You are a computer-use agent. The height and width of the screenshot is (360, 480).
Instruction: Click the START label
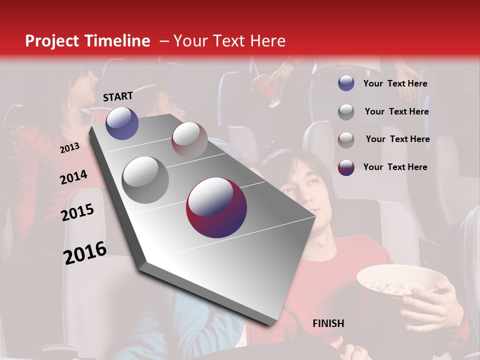(118, 96)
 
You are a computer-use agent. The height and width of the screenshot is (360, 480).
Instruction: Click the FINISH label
(328, 323)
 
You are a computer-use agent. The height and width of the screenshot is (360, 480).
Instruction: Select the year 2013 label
(69, 147)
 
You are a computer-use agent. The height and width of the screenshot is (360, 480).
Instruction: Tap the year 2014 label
(73, 177)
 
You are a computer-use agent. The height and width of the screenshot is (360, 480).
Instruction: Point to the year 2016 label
(85, 252)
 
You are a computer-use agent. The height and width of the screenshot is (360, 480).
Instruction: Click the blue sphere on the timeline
(122, 123)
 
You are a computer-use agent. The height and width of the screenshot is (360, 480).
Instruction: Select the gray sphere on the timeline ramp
(145, 179)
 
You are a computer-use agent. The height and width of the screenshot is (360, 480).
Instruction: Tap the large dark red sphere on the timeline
(216, 207)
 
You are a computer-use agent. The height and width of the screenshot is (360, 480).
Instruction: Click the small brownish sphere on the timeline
(189, 140)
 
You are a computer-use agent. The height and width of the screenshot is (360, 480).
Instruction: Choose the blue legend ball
(346, 83)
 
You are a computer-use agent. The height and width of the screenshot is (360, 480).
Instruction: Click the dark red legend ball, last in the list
(346, 167)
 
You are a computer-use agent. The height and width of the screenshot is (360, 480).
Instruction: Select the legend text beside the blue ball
(395, 83)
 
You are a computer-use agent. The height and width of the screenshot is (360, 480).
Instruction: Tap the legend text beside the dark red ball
(395, 167)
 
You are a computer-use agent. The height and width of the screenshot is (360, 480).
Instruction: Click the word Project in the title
(51, 41)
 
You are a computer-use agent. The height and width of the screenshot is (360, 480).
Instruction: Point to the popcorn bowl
(395, 282)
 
